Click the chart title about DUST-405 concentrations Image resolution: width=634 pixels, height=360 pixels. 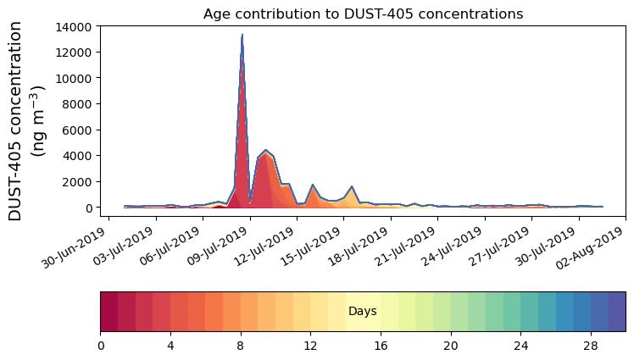coord(363,14)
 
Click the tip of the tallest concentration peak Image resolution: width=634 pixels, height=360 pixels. coord(242,35)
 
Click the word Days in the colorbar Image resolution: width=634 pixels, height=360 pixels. coord(363,312)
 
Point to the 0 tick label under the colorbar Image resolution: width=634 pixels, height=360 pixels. coord(101,346)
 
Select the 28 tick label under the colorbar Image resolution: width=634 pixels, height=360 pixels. coord(590,346)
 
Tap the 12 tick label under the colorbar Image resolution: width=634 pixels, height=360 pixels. coord(310,346)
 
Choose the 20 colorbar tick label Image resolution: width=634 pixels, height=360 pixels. coord(450,346)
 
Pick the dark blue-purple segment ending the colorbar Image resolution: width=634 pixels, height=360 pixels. coord(616,311)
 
